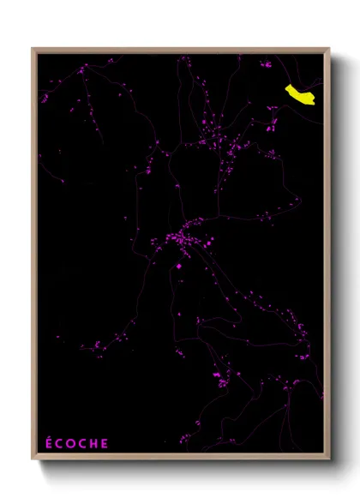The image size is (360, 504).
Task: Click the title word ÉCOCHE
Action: point(76,443)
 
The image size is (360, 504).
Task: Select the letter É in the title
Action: point(48,443)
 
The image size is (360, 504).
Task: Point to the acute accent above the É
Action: point(49,437)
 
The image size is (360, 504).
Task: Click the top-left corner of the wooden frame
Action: point(33,48)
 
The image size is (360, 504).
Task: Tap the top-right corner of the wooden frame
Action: point(329,48)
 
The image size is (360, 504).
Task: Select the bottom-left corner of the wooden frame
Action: point(33,460)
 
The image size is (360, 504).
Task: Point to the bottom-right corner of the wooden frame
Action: point(329,460)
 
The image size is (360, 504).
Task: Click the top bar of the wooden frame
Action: point(180,50)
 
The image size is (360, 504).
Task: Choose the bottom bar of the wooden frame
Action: point(180,459)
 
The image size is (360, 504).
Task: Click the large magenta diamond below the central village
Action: point(179,267)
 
